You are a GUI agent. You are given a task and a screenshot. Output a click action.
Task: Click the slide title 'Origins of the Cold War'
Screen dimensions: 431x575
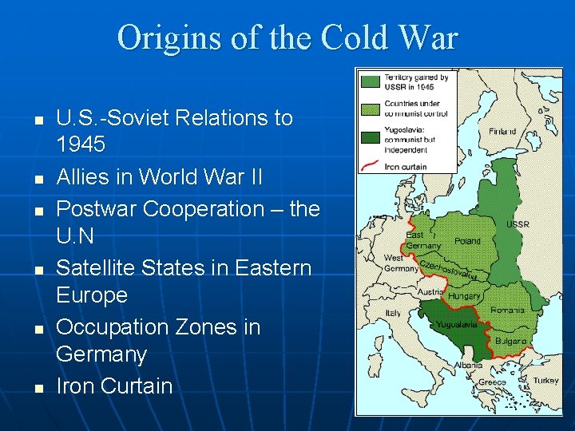click(287, 38)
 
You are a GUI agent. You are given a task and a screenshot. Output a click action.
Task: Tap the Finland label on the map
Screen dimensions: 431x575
click(502, 131)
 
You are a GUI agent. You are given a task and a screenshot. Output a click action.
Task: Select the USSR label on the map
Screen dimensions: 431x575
click(517, 224)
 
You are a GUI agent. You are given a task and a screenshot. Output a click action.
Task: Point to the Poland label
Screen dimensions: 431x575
click(467, 240)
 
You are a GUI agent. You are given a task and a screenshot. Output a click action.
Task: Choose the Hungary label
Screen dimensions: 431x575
click(464, 295)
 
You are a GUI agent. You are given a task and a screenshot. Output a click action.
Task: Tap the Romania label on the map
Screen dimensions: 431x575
click(509, 308)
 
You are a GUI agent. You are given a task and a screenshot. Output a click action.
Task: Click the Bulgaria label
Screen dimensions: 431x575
click(511, 341)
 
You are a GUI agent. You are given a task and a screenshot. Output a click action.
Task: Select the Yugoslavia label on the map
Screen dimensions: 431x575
click(457, 325)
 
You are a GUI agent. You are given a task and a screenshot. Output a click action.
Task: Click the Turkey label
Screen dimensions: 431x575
click(546, 381)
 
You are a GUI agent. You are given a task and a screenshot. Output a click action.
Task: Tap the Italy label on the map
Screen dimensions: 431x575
click(394, 314)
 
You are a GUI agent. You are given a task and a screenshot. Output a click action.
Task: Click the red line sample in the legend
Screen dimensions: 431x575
click(370, 166)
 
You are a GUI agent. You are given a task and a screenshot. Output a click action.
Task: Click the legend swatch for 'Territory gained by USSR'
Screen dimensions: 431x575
click(370, 81)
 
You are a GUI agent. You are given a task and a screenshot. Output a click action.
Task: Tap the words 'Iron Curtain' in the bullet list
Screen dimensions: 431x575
click(114, 386)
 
